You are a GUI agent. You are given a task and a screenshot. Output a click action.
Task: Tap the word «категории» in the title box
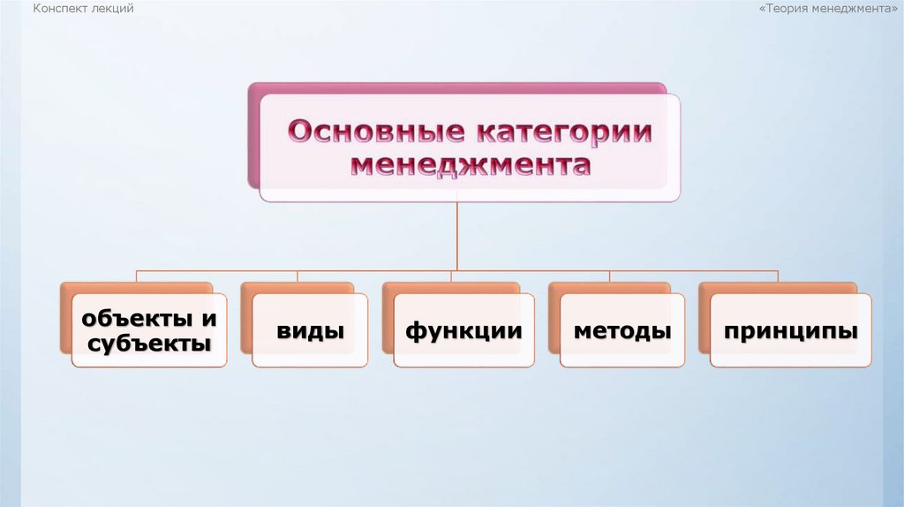pyautogui.click(x=565, y=132)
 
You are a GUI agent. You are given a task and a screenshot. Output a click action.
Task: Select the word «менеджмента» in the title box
pyautogui.click(x=471, y=165)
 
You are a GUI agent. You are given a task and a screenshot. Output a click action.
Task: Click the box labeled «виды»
pyautogui.click(x=310, y=331)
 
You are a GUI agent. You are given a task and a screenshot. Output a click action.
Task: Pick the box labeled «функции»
pyautogui.click(x=463, y=331)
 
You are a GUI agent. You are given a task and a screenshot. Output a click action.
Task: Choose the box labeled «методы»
pyautogui.click(x=622, y=331)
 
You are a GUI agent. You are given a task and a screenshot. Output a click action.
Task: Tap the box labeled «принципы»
pyautogui.click(x=791, y=331)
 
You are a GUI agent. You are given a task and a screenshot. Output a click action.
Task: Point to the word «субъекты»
pyautogui.click(x=148, y=344)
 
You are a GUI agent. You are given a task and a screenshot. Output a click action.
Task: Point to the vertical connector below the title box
pyautogui.click(x=457, y=234)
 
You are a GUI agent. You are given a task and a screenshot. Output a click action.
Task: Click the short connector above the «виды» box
pyautogui.click(x=298, y=276)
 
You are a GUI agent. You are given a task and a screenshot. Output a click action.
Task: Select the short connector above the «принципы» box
pyautogui.click(x=778, y=276)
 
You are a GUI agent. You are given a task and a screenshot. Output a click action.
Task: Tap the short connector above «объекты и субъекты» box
pyautogui.click(x=137, y=276)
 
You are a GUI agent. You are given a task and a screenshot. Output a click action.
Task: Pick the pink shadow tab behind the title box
pyautogui.click(x=253, y=132)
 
